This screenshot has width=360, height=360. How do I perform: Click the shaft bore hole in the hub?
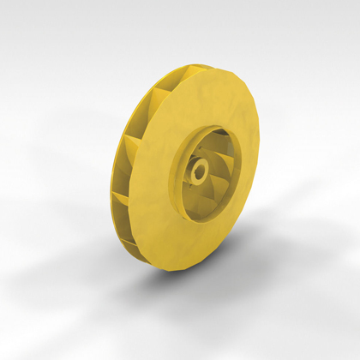point(199,171)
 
